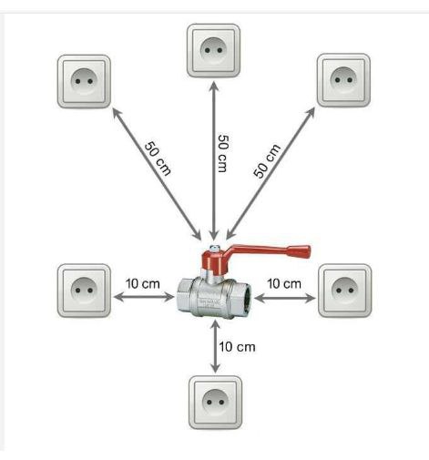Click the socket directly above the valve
pyautogui.click(x=213, y=50)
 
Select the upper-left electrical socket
pyautogui.click(x=84, y=81)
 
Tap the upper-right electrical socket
pyautogui.click(x=343, y=80)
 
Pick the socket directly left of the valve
pyautogui.click(x=84, y=291)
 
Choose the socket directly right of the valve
pyautogui.click(x=345, y=291)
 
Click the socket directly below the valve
pyautogui.click(x=215, y=403)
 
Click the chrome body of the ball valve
pyautogui.click(x=213, y=298)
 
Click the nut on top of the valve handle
pyautogui.click(x=214, y=248)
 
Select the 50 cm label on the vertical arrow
pyautogui.click(x=223, y=154)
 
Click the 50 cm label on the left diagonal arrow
pyautogui.click(x=158, y=158)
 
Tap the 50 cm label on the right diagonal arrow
pyautogui.click(x=267, y=161)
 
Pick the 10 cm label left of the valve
pyautogui.click(x=143, y=284)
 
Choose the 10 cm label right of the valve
pyautogui.click(x=284, y=284)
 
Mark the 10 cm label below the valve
pyautogui.click(x=237, y=347)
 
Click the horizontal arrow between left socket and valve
pyautogui.click(x=144, y=297)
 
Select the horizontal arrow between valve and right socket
pyautogui.click(x=284, y=299)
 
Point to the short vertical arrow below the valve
pyautogui.click(x=215, y=346)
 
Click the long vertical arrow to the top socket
pyautogui.click(x=214, y=160)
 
